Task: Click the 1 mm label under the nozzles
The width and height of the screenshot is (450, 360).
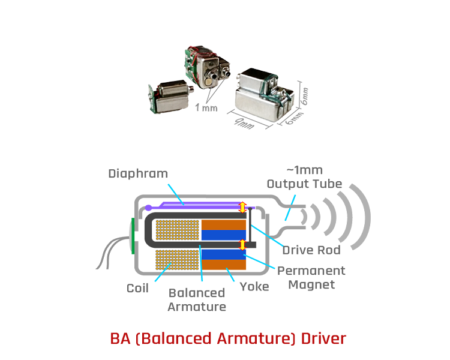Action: [x=206, y=109]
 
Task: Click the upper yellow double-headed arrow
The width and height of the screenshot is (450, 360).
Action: [x=242, y=207]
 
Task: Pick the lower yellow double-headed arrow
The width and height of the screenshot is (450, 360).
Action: [x=242, y=245]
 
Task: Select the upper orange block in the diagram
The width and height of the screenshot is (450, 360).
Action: [x=223, y=224]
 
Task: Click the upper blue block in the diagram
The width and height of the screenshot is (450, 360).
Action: [x=223, y=235]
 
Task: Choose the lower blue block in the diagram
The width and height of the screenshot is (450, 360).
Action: [x=223, y=254]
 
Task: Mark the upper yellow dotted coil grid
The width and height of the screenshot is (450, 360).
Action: [x=177, y=229]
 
